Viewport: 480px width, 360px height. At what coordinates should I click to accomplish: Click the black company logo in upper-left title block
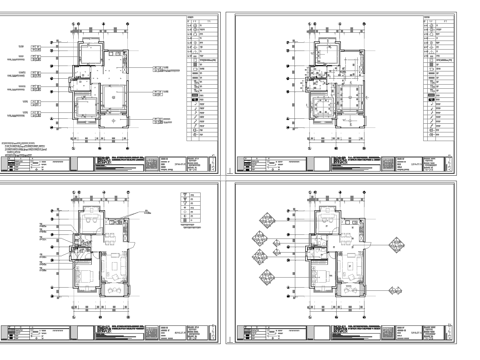[x=105, y=165]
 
